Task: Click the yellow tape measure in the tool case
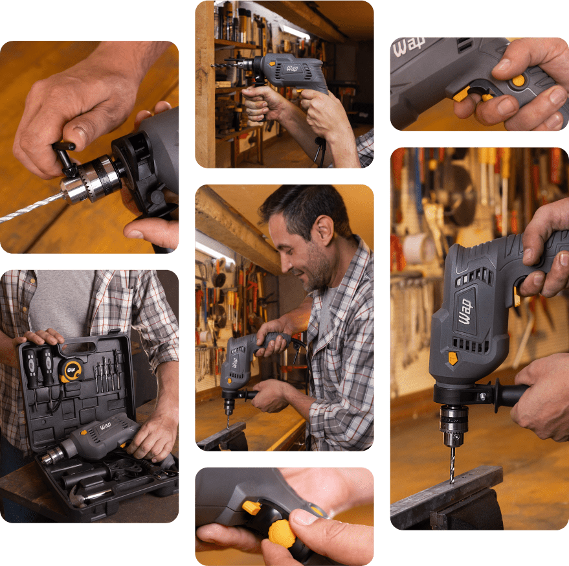pos(71,370)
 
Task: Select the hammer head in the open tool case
pos(76,496)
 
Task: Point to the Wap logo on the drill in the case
pos(106,426)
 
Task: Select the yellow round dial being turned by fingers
pos(282,533)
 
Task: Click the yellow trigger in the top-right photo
pos(462,94)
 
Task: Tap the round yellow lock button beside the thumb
pos(519,80)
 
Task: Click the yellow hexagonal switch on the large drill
pos(453,359)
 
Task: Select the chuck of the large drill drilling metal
pos(453,425)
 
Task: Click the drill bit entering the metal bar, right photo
pos(452,465)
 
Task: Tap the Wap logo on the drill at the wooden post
pos(292,68)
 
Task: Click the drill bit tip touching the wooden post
pos(212,65)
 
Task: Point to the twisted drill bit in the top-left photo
pos(32,208)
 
